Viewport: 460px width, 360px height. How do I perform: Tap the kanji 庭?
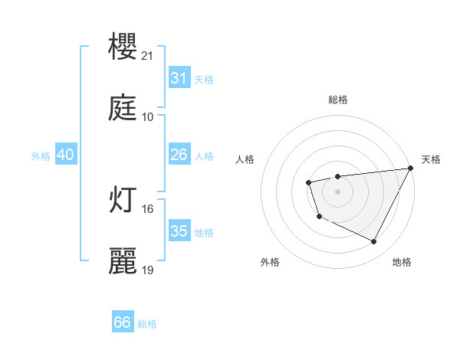(123, 109)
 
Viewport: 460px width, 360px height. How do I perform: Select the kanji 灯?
(123, 200)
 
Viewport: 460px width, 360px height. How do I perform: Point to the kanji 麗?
(123, 261)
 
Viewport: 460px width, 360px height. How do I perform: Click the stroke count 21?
(148, 56)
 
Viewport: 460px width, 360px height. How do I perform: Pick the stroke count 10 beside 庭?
(148, 117)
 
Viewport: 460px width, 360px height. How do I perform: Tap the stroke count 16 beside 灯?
(148, 208)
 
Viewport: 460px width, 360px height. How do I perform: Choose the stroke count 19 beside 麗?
(148, 270)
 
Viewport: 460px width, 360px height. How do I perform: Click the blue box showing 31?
(179, 78)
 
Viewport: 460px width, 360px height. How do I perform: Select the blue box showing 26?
(179, 155)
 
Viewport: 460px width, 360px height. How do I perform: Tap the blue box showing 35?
(179, 231)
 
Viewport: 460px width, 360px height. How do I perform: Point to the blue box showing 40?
(65, 155)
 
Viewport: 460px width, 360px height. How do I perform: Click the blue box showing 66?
(123, 323)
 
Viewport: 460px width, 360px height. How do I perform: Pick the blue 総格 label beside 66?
(147, 324)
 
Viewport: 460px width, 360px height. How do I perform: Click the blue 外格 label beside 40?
(41, 155)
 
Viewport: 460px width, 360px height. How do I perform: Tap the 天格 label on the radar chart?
(431, 159)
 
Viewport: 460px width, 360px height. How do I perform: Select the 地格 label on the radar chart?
(402, 262)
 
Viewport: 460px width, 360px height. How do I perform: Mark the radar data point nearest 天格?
(411, 169)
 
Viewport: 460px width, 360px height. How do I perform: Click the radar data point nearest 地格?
(374, 242)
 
